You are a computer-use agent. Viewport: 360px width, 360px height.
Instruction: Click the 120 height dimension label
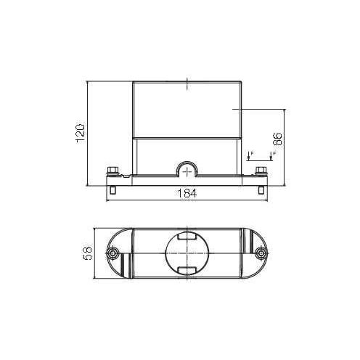(81, 134)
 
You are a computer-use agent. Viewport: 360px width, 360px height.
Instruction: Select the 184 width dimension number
(187, 193)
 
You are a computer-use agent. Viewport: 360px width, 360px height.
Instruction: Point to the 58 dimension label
(88, 253)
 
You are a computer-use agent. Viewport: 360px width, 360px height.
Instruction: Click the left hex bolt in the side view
(112, 171)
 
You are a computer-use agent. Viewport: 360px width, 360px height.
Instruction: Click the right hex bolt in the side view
(261, 171)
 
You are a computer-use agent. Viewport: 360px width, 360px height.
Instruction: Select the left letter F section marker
(252, 153)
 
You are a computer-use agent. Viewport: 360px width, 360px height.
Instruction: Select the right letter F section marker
(274, 153)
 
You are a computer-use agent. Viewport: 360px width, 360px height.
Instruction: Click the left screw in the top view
(112, 253)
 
